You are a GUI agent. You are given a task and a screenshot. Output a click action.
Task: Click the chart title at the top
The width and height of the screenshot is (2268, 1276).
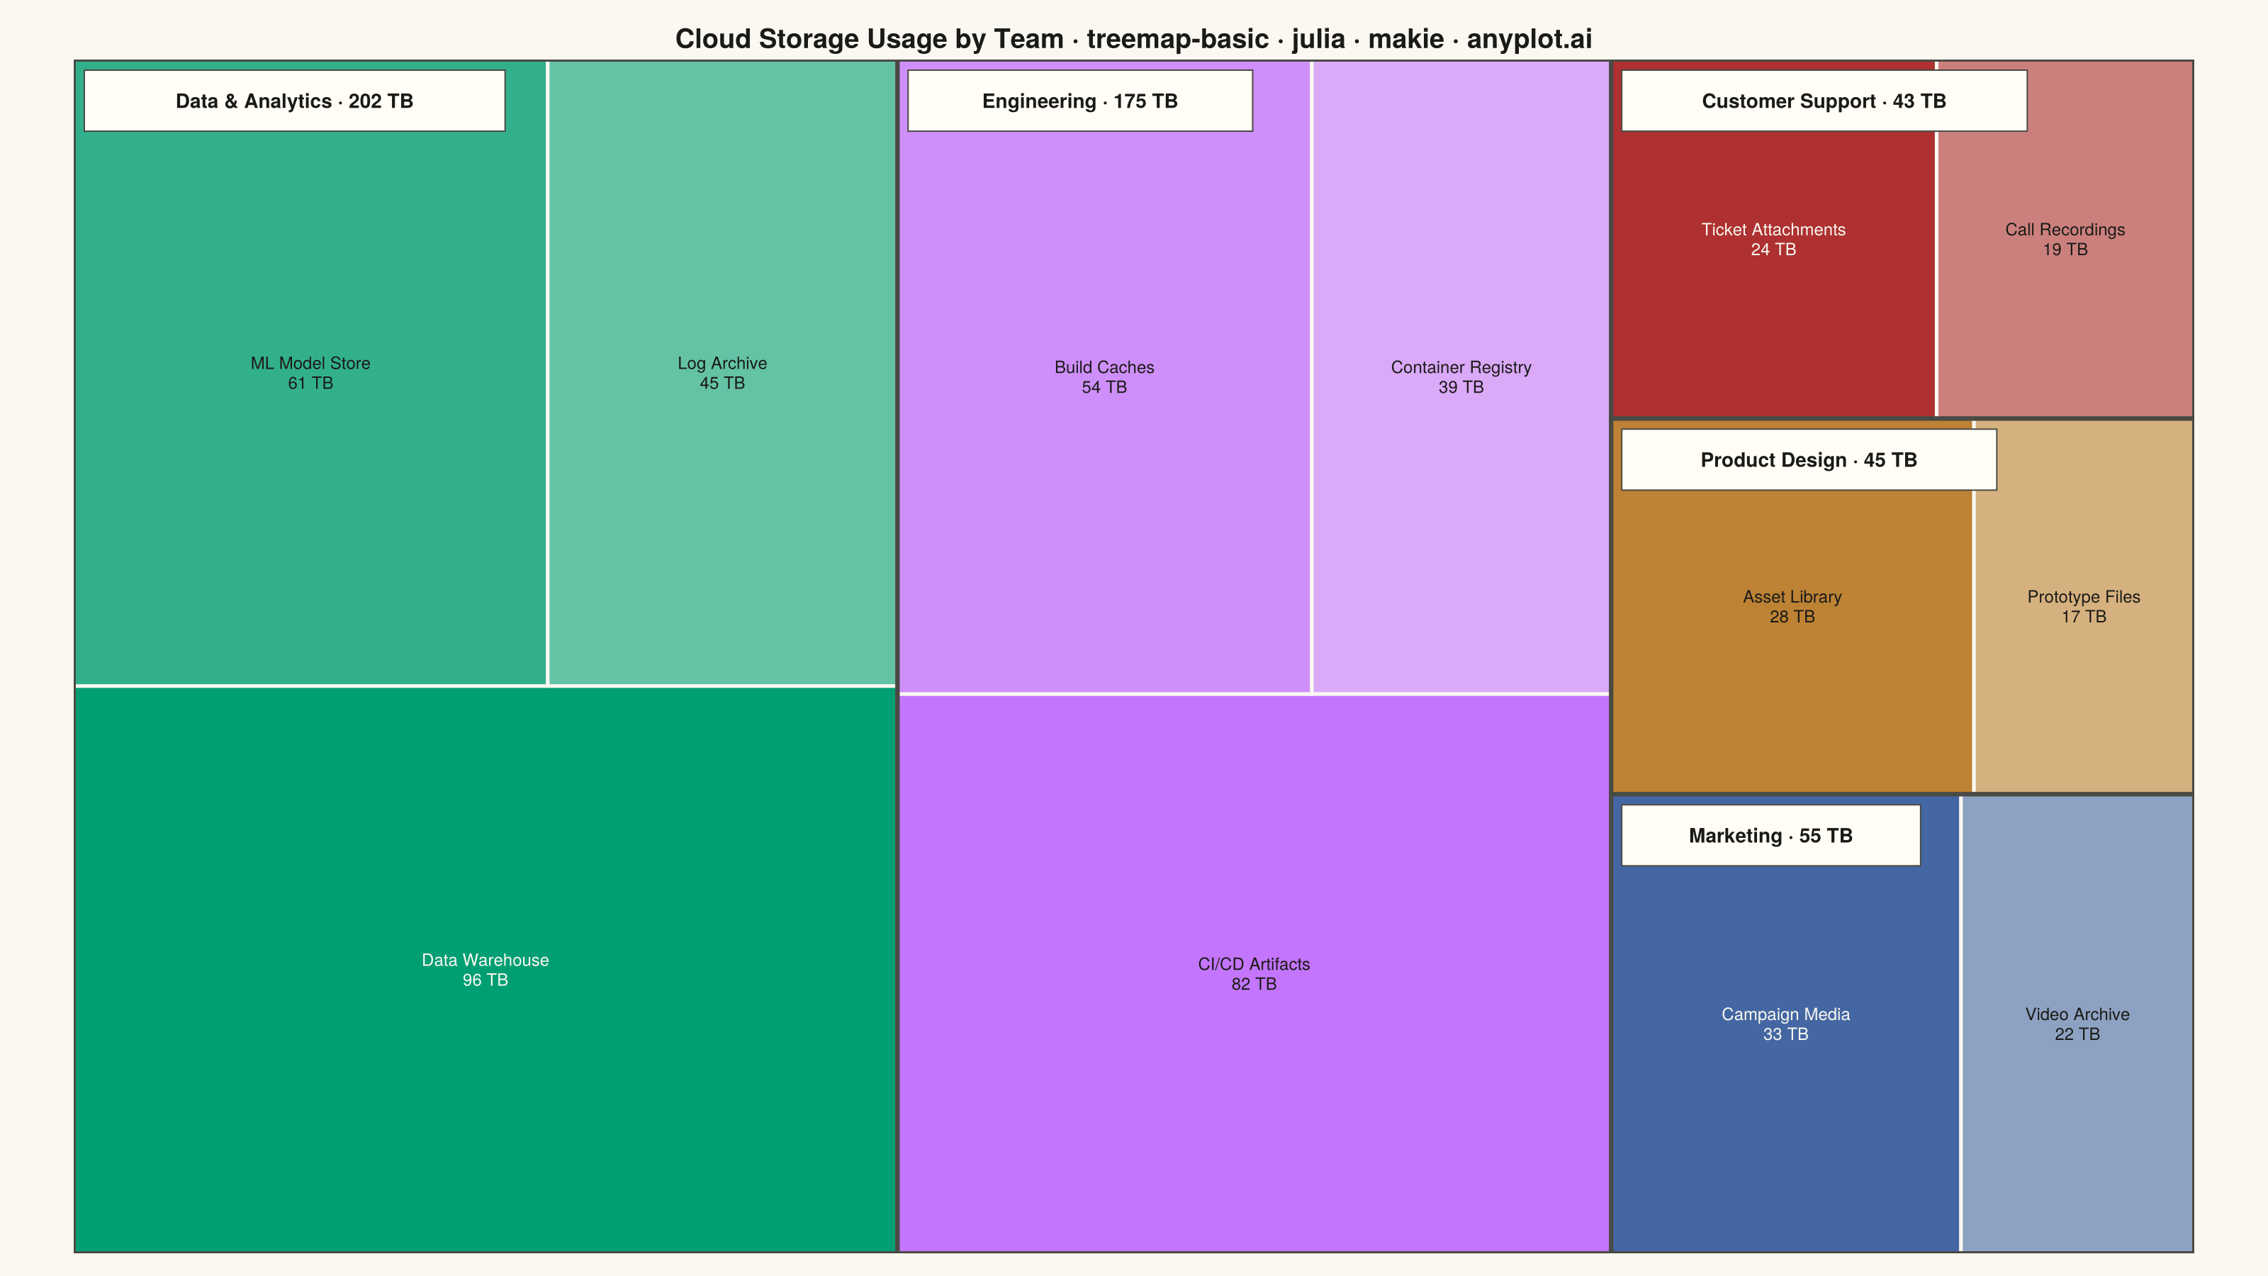[x=1133, y=39]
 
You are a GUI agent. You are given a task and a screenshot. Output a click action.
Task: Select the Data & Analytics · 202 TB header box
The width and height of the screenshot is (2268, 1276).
[x=294, y=101]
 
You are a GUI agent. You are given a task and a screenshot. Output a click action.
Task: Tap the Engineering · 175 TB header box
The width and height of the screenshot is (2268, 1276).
[x=1079, y=101]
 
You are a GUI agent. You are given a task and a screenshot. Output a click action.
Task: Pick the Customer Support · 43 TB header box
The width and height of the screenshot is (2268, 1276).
[x=1824, y=101]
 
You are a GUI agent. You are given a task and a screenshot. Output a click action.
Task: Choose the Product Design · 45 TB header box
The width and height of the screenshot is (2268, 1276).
[x=1809, y=459]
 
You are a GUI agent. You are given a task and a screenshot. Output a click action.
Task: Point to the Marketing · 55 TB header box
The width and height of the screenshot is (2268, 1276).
[x=1770, y=836]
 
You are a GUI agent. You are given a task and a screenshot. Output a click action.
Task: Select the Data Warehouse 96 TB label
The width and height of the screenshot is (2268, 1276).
[x=485, y=970]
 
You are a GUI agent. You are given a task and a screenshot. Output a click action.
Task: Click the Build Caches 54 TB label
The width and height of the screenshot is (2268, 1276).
[x=1104, y=377]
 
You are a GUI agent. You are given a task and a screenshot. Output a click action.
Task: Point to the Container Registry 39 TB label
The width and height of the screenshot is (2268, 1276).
[x=1461, y=377]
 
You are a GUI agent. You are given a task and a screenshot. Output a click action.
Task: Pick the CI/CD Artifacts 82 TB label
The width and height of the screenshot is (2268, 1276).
[x=1254, y=974]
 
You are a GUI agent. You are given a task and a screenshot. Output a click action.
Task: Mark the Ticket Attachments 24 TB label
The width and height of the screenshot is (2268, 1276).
[x=1773, y=240]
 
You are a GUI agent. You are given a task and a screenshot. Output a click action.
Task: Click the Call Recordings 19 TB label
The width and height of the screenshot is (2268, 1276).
[x=2065, y=240]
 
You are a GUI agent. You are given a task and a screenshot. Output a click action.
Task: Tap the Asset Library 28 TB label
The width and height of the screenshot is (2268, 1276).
[x=1792, y=607]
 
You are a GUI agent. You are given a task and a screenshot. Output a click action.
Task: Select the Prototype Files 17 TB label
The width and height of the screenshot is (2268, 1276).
[x=2083, y=607]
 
